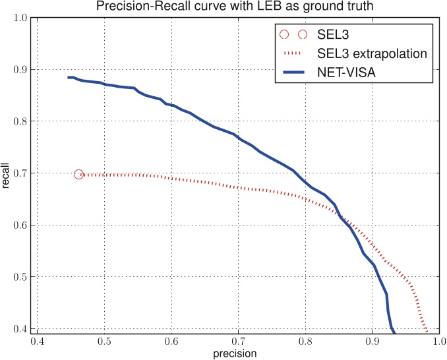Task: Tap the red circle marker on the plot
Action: [79, 174]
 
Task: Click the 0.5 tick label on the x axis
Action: [104, 342]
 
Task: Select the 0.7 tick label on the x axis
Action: [238, 342]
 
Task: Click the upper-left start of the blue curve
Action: [69, 77]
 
